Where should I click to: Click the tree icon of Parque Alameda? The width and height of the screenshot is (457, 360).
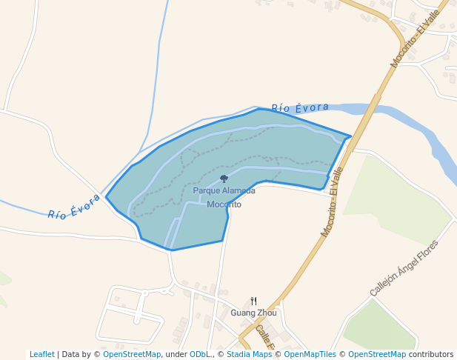pyautogui.click(x=224, y=179)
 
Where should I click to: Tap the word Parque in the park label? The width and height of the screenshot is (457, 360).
pyautogui.click(x=207, y=190)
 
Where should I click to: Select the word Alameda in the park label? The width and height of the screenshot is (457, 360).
pyautogui.click(x=238, y=190)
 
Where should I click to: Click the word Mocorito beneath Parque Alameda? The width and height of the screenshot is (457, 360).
pyautogui.click(x=224, y=204)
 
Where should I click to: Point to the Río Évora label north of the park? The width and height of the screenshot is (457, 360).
pyautogui.click(x=299, y=108)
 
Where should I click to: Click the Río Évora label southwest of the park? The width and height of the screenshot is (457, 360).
pyautogui.click(x=74, y=207)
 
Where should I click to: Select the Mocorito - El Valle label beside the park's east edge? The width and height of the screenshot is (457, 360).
pyautogui.click(x=332, y=201)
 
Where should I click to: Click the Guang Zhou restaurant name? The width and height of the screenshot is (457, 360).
pyautogui.click(x=253, y=313)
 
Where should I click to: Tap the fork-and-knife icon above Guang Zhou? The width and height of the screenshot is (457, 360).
pyautogui.click(x=253, y=301)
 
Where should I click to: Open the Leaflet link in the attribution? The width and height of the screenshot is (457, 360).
pyautogui.click(x=41, y=354)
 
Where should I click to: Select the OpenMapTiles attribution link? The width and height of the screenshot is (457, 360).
pyautogui.click(x=310, y=354)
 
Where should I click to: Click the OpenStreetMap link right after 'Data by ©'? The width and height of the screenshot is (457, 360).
pyautogui.click(x=131, y=354)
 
